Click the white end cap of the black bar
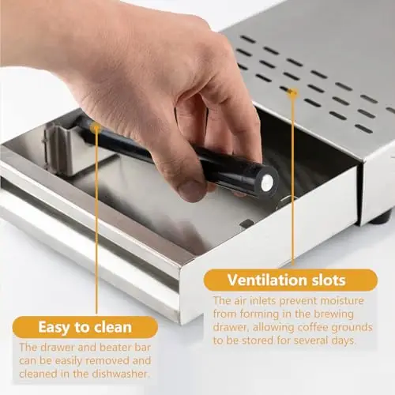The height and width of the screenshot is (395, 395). pos(266,182)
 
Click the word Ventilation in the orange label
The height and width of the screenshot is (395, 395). pos(267,280)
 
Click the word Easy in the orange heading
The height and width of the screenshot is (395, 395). pos(55,327)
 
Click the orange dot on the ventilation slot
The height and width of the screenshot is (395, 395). pos(292,92)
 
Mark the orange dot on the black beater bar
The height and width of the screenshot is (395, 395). pos(96,128)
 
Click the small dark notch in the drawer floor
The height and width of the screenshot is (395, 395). pos(246,224)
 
